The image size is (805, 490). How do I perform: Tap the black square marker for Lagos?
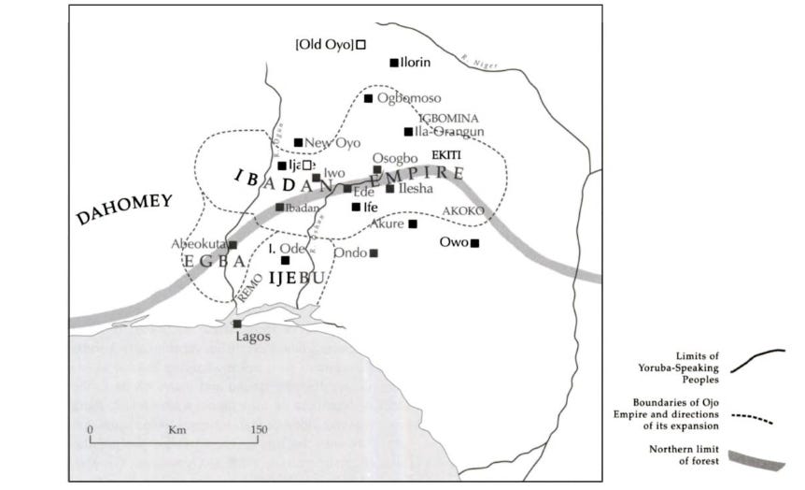(x=237, y=324)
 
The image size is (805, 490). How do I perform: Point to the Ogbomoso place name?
(x=410, y=98)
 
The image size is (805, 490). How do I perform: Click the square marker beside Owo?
(x=474, y=243)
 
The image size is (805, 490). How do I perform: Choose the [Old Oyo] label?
(x=324, y=44)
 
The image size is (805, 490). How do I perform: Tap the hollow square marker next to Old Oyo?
(x=360, y=44)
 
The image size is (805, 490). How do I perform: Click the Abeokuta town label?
(x=199, y=244)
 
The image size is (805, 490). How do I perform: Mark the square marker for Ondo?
(x=374, y=252)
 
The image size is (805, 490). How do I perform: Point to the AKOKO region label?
(x=463, y=211)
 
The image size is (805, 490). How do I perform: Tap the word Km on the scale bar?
(x=174, y=429)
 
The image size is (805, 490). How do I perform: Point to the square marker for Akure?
(x=413, y=223)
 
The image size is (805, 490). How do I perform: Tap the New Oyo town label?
(x=333, y=142)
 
